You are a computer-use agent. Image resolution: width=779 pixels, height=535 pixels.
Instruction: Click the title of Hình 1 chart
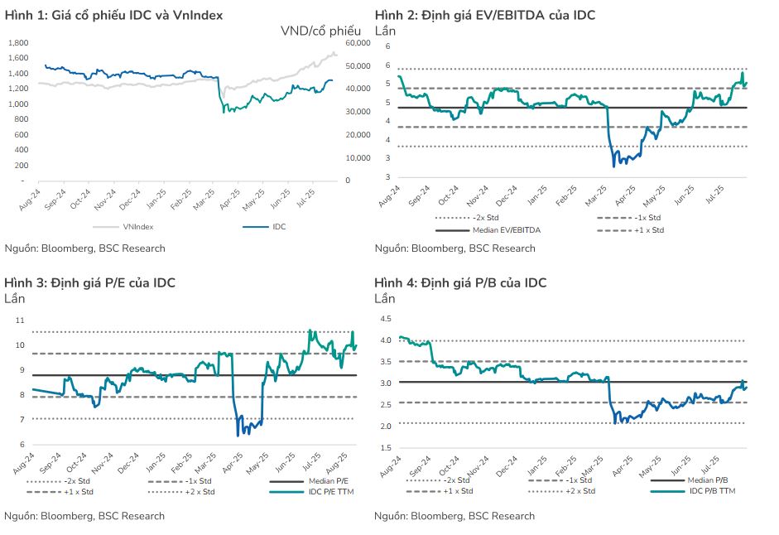[114, 15]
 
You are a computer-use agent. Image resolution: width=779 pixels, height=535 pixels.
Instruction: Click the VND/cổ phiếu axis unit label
[315, 31]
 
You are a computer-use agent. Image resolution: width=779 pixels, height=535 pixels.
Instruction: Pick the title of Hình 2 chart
[484, 15]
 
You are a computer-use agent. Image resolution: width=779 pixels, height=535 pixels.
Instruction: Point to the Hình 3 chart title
[90, 282]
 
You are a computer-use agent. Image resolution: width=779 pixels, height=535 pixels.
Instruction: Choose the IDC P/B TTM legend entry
[712, 491]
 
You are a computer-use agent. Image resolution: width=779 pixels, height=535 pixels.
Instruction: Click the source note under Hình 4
[454, 516]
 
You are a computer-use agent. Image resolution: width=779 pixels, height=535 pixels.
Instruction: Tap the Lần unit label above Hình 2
[385, 31]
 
